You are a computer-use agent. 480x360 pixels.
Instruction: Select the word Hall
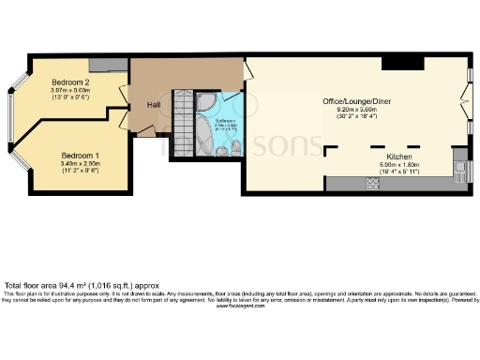[x=154, y=104]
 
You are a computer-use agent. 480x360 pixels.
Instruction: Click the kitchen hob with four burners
[x=371, y=184]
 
